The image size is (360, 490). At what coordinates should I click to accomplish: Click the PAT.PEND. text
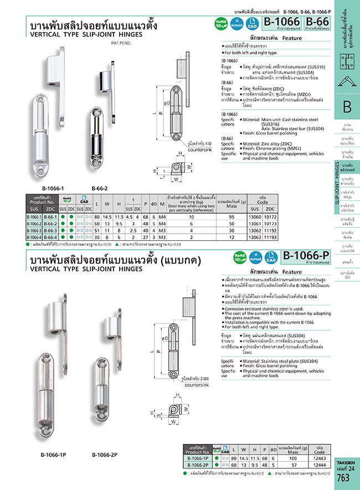[121, 43]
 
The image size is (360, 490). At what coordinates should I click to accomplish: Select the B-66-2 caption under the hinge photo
[100, 188]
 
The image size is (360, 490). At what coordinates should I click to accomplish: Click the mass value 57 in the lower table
[290, 465]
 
